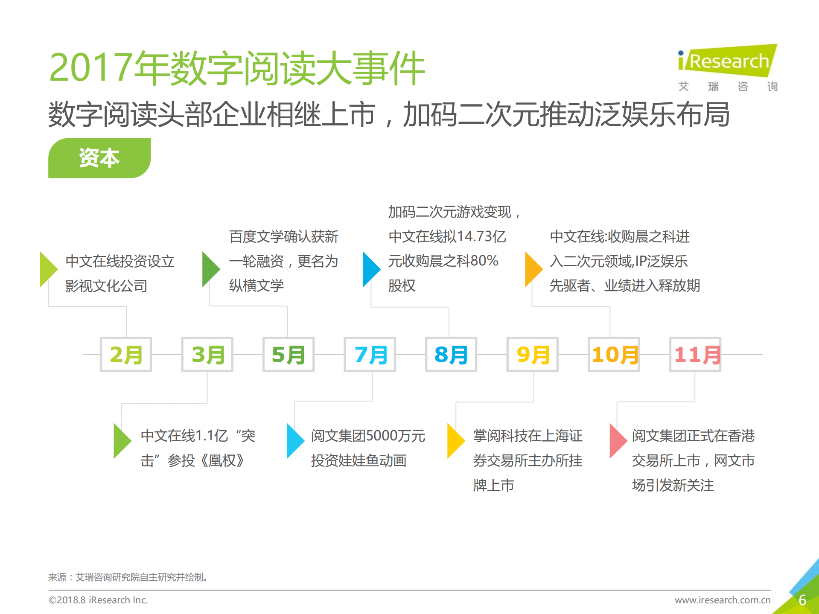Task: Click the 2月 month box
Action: pos(126,354)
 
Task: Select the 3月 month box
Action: pos(207,354)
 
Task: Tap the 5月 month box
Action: pos(289,354)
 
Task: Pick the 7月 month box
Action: pos(370,354)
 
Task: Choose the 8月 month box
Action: pos(451,354)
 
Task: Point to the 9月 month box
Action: pos(533,354)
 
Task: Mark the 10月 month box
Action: pos(614,354)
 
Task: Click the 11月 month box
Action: pos(695,354)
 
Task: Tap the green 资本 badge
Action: pos(99,158)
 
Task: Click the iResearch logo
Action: pos(728,62)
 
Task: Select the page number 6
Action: pos(802,600)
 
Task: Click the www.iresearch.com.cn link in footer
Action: pos(723,600)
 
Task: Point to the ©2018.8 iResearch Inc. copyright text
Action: pos(98,600)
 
